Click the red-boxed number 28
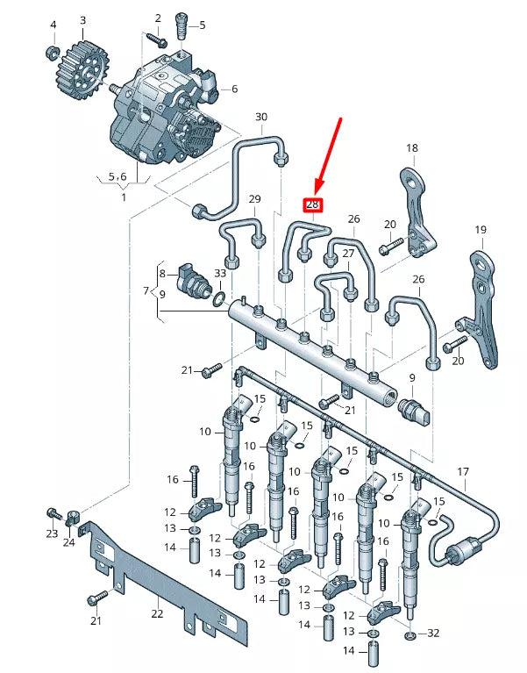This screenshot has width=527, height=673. tap(313, 204)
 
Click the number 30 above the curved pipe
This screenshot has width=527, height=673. tap(260, 117)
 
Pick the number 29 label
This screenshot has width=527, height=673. tap(254, 198)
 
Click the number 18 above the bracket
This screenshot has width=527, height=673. tap(411, 148)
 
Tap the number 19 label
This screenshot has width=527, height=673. tap(480, 230)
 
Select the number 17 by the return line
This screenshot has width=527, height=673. tap(464, 471)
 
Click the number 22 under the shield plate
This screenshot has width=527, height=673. tap(157, 613)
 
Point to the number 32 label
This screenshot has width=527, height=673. tap(432, 633)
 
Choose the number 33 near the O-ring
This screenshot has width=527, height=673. tap(220, 274)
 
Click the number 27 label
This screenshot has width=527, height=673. tap(348, 254)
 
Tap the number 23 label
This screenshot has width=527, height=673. tap(52, 533)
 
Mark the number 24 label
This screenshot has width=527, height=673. tap(69, 543)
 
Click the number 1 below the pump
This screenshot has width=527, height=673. tap(123, 197)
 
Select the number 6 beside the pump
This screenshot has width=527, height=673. tap(234, 89)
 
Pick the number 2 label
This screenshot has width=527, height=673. tap(158, 18)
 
